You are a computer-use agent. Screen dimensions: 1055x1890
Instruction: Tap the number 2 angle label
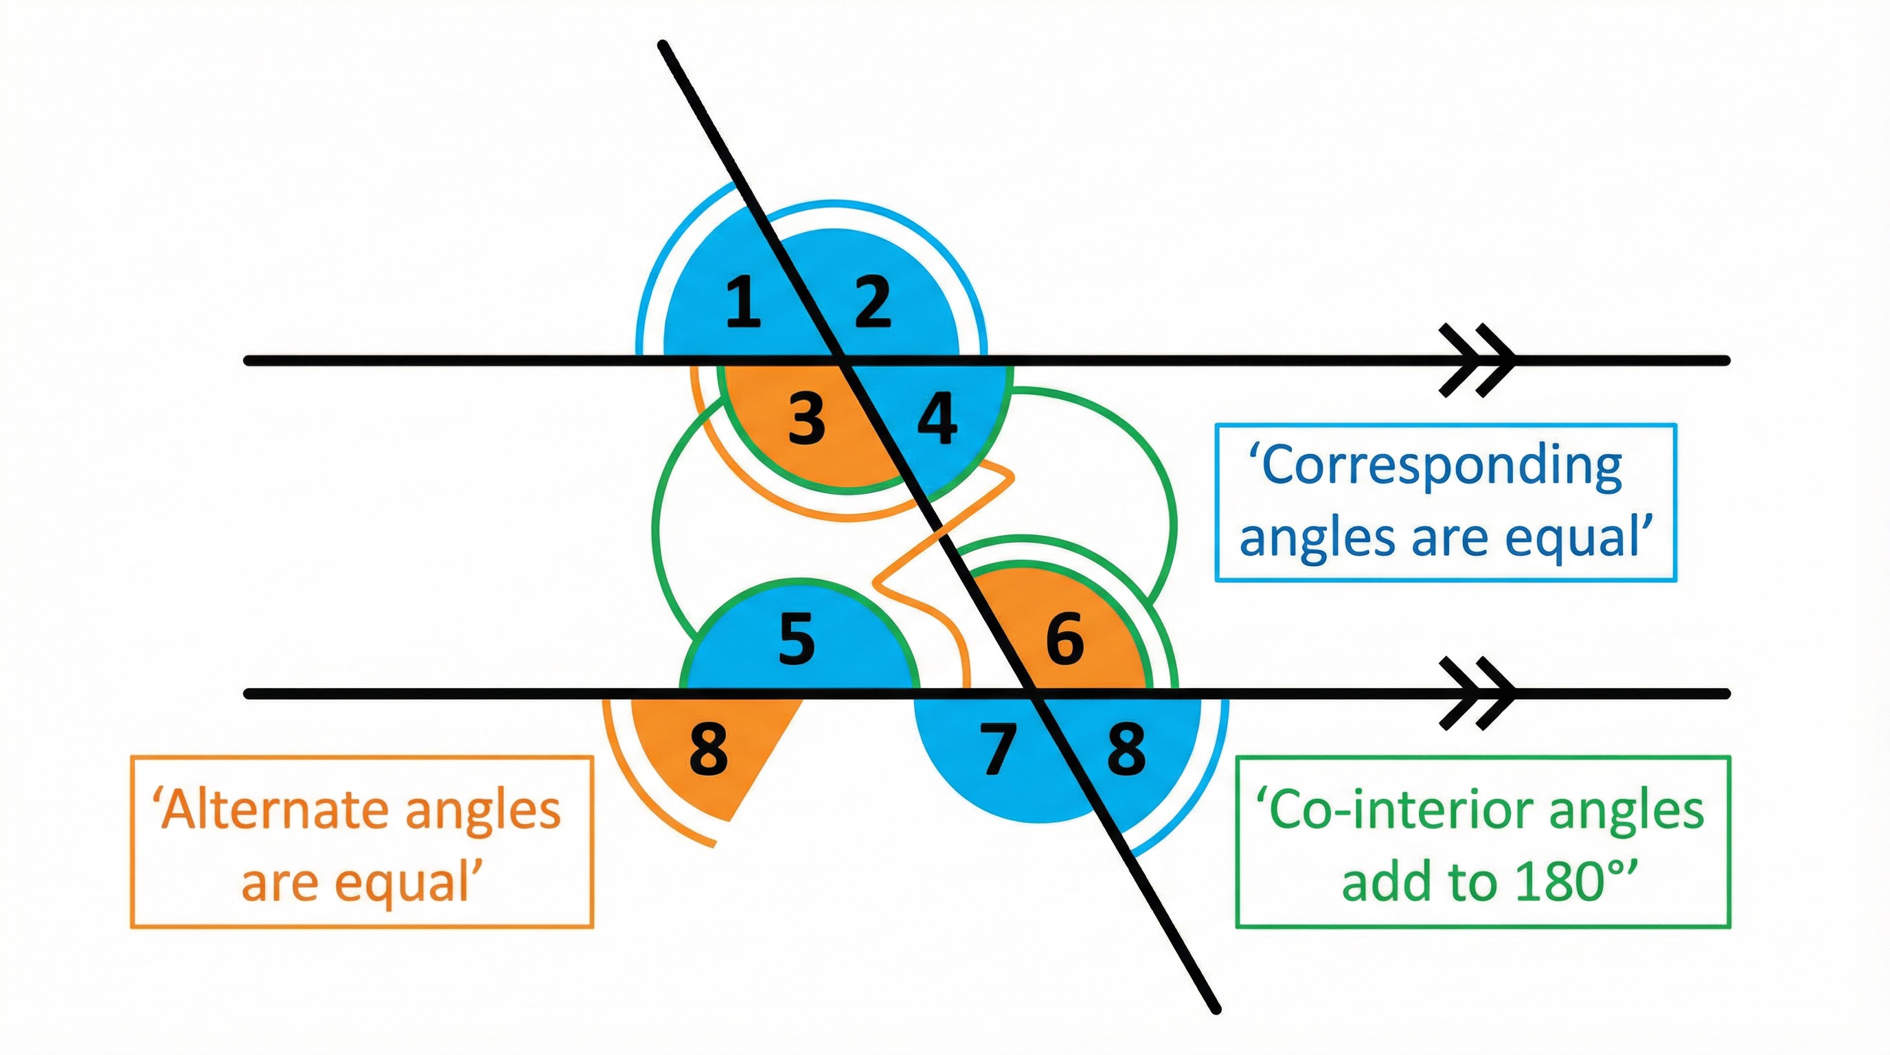pos(872,302)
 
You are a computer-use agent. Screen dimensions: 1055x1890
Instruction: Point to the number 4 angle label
pos(937,418)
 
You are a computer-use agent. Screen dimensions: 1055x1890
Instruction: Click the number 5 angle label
pos(797,639)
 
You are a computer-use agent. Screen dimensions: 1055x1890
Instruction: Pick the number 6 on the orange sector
pos(1064,638)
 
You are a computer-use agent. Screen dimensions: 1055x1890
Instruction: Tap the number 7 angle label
pos(999,749)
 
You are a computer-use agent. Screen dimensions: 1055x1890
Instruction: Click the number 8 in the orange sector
pos(709,749)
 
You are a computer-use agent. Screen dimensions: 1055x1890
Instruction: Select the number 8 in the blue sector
pos(1126,749)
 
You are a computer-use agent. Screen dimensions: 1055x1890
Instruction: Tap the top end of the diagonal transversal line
pos(663,45)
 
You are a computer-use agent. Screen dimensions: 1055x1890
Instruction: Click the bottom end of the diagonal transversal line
pos(1215,1009)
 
